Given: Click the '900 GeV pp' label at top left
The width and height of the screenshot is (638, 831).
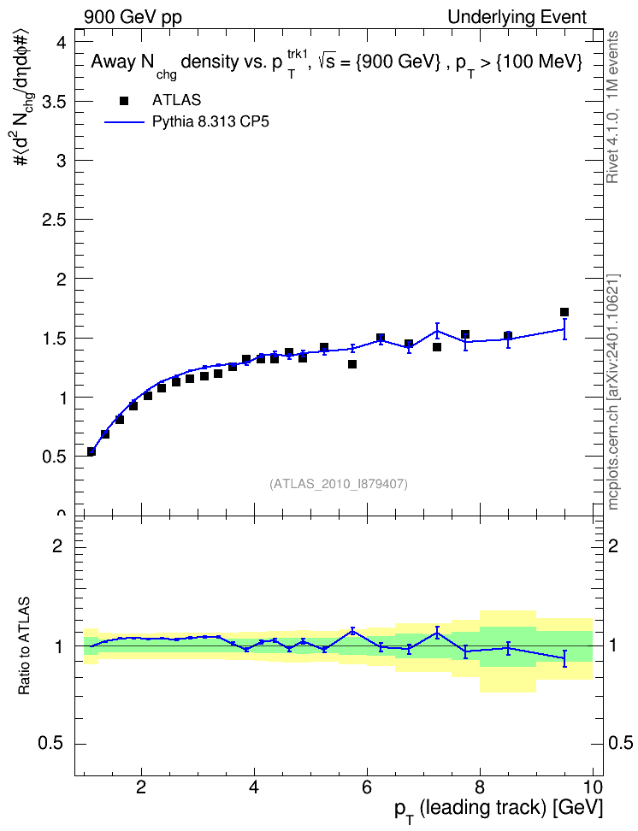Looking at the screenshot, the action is coord(133,17).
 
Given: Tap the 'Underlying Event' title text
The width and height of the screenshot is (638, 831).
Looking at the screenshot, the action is coord(517,17).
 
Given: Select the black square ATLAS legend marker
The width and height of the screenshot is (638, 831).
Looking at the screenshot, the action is coord(123,101).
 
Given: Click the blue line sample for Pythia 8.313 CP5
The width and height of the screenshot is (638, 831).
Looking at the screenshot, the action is coord(124,122).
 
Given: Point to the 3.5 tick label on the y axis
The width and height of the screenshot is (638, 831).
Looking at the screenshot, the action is coord(54,101).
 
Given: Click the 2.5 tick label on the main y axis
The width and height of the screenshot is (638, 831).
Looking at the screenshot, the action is coord(54,220).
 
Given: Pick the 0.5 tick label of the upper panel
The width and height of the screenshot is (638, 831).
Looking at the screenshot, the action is coord(54,457).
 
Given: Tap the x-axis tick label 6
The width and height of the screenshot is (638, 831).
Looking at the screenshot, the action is coord(367,787).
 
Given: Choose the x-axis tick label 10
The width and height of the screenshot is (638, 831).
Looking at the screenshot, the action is coord(593,787).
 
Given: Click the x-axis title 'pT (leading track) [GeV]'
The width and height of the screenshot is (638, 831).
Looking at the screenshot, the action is coord(499,810).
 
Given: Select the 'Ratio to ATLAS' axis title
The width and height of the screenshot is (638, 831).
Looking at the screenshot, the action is coord(24,645).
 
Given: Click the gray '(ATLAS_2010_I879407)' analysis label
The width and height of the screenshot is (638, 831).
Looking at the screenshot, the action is coord(339,484).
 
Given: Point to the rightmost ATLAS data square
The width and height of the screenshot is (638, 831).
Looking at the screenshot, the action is coord(564,312).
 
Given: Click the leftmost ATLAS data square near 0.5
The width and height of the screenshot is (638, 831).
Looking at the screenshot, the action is coord(92,451).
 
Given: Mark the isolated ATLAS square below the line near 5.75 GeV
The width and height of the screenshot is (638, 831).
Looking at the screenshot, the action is coord(352,364).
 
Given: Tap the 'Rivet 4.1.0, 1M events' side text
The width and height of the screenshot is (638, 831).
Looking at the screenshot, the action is coord(612,107).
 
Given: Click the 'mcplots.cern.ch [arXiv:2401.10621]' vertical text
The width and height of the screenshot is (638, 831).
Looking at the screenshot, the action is coord(613,392).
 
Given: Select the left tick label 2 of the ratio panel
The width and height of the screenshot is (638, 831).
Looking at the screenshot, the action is coord(57,545).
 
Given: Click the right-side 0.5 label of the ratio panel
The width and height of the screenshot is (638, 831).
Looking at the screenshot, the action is coord(620,743).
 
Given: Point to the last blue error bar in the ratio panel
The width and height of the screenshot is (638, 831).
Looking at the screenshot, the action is coord(564,658).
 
